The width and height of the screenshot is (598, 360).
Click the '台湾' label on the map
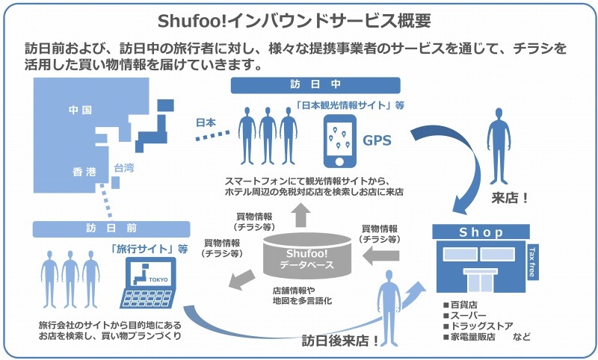tap(124, 168)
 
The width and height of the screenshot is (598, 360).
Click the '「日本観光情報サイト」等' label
tap(350, 105)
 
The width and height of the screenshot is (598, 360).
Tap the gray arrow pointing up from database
tap(301, 215)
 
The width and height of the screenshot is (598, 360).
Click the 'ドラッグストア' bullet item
tap(478, 326)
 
